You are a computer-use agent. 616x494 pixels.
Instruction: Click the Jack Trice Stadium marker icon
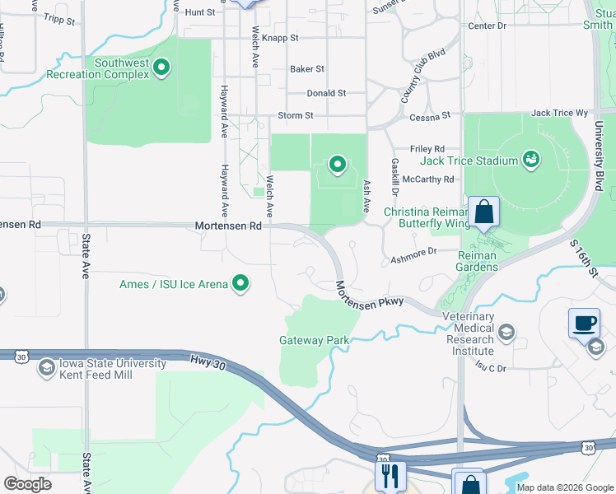pos(530,159)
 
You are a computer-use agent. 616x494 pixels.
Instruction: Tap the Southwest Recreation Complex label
pos(122,68)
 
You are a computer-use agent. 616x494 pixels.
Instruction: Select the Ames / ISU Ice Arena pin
pos(241,283)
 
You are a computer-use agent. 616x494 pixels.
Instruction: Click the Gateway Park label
pos(314,340)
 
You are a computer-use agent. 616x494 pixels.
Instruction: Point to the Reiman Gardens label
pos(477,261)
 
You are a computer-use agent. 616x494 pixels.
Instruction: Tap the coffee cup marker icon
pos(584,322)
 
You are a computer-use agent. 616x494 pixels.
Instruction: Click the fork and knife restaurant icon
pos(390,476)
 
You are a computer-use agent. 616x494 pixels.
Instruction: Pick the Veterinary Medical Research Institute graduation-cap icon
pos(506,333)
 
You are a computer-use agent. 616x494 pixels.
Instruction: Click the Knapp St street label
pos(281,38)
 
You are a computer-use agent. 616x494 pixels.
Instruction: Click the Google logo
pos(27,484)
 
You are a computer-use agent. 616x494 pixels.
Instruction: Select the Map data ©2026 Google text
pos(564,487)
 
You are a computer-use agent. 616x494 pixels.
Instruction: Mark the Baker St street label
pos(307,69)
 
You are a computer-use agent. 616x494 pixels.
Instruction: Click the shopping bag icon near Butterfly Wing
pos(484,212)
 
